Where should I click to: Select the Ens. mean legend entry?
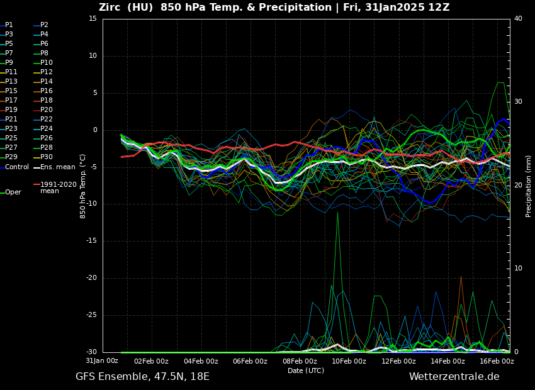point(57,167)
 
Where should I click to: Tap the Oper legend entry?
point(13,192)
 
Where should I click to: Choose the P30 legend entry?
point(47,157)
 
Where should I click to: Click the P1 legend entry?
point(9,25)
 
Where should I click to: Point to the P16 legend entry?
point(47,91)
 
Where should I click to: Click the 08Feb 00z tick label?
point(300,361)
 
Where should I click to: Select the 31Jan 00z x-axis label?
point(102,361)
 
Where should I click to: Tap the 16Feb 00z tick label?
point(497,361)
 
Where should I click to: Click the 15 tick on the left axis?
point(93,19)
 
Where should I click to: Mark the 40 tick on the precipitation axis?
point(518,19)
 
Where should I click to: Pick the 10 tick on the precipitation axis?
point(518,269)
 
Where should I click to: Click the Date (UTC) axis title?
point(306,370)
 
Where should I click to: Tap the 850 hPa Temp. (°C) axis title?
point(83,186)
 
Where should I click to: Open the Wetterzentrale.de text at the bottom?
point(454,377)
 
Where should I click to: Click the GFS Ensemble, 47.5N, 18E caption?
point(142,377)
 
